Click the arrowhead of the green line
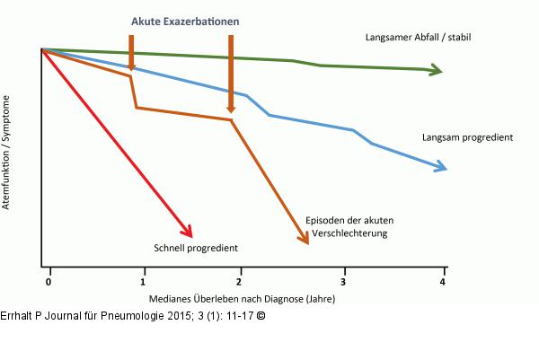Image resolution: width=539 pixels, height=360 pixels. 437,71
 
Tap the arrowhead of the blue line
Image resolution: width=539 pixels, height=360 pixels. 440,166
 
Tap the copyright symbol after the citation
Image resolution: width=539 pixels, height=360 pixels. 261,315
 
